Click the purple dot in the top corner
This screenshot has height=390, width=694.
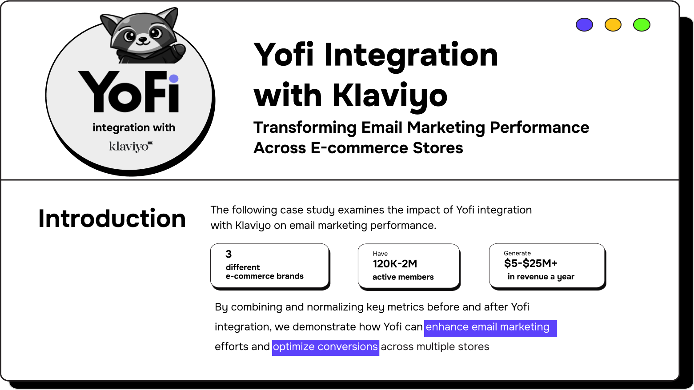point(584,25)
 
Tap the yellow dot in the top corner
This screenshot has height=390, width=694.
point(613,25)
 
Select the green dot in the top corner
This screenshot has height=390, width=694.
point(642,25)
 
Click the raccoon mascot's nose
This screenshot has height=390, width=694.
point(143,39)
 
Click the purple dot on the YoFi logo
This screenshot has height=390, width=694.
point(174,79)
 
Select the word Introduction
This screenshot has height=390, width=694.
point(112,219)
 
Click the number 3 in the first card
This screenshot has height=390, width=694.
point(229,254)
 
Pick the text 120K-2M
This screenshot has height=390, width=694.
point(395,264)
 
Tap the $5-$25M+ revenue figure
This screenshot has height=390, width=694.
point(530,263)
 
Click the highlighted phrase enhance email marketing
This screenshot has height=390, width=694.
point(488,327)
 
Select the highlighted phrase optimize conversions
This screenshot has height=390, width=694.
point(325,347)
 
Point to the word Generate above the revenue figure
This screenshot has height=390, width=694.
point(517,253)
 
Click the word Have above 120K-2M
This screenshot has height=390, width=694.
point(380,254)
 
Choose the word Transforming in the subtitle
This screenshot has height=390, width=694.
point(305,128)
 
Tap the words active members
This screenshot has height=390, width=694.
point(403,277)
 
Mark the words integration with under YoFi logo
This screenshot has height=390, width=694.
point(134,128)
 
